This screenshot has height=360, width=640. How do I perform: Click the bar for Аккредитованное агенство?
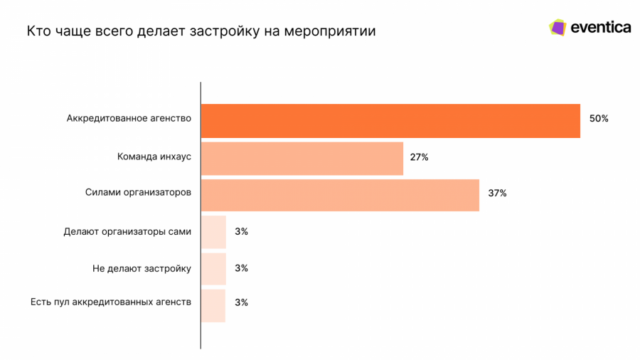(390, 121)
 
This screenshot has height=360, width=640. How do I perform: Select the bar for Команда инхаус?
(302, 158)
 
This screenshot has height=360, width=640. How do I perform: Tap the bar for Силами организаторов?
(340, 195)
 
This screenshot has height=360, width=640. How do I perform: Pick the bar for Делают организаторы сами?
(213, 232)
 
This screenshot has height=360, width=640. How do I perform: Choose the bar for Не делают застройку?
(213, 269)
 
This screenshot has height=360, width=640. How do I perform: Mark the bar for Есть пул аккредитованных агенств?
(213, 305)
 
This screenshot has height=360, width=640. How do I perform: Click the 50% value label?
(599, 119)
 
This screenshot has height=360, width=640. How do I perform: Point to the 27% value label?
(419, 157)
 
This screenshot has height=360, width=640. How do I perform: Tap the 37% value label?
(497, 194)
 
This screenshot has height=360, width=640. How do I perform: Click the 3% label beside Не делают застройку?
(241, 268)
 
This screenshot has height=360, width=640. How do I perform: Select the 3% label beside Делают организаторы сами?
(241, 231)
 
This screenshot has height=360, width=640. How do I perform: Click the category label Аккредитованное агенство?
(129, 118)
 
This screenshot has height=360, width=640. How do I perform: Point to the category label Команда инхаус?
(154, 156)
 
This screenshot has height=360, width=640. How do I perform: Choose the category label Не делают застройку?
(142, 268)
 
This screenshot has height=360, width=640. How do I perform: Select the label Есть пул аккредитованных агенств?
(111, 302)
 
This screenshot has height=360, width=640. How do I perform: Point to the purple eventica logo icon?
(558, 28)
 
